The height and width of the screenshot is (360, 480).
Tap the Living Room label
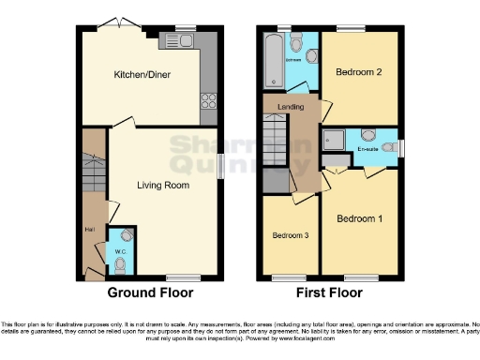point(163,186)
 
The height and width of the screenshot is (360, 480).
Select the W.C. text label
point(120,250)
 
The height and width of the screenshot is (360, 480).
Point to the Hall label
point(88,227)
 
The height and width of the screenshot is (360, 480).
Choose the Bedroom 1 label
point(361,218)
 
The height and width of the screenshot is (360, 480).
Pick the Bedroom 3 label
point(290,234)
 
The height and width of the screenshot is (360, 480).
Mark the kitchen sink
point(177,40)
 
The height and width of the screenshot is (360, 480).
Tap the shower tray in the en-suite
point(334,141)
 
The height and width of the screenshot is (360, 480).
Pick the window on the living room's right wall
point(221,163)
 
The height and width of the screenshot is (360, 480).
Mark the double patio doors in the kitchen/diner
point(118,23)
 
